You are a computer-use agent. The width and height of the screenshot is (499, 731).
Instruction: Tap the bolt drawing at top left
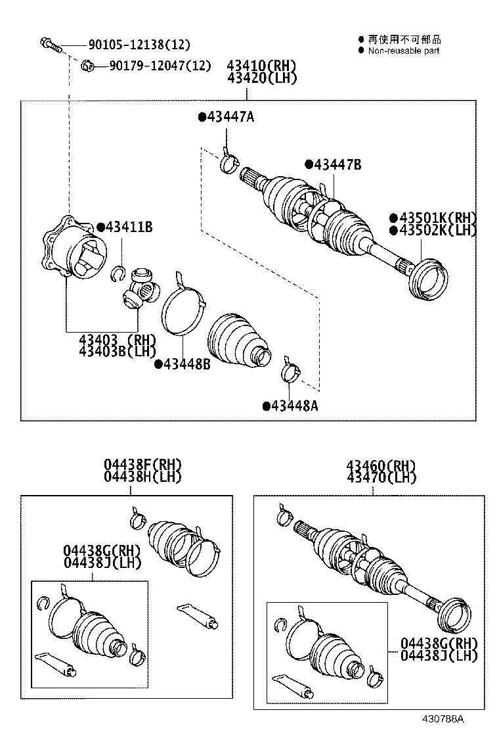click(x=50, y=45)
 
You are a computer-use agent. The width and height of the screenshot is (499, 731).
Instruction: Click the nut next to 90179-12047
click(x=87, y=65)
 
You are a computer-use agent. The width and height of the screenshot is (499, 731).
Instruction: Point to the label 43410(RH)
click(x=262, y=66)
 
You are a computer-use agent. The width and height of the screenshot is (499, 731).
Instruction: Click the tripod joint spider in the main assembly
click(x=141, y=287)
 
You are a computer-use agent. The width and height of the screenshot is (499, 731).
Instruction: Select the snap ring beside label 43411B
click(x=118, y=271)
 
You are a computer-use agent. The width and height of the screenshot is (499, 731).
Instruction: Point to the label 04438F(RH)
click(x=142, y=465)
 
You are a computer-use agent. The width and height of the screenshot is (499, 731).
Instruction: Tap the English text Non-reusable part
click(x=403, y=51)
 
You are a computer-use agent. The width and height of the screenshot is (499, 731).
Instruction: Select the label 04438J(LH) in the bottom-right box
click(x=439, y=655)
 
